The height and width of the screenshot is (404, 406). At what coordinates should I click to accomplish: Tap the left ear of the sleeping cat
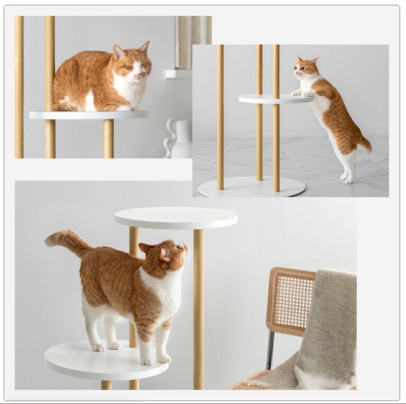[x=118, y=52]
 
